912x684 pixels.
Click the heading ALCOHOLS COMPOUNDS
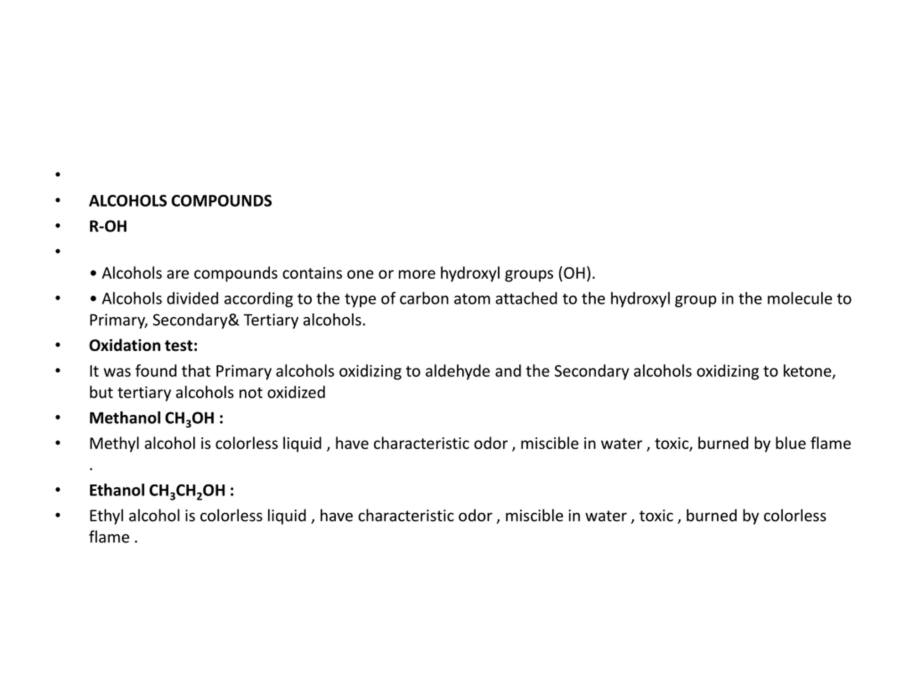point(180,201)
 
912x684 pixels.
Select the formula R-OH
point(108,226)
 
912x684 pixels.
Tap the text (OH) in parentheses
point(576,273)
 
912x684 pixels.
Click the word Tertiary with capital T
point(270,320)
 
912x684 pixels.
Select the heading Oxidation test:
point(143,346)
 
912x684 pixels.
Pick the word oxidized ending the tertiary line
point(296,393)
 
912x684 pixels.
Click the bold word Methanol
point(125,418)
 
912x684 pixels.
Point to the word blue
point(791,444)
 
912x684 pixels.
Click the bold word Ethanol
point(117,491)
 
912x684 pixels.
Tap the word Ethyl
point(107,516)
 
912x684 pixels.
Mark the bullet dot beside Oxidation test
point(58,346)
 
